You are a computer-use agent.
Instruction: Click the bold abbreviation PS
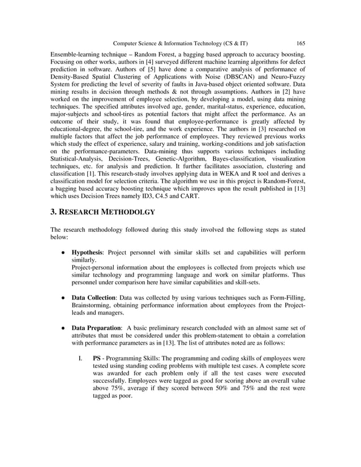97,358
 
